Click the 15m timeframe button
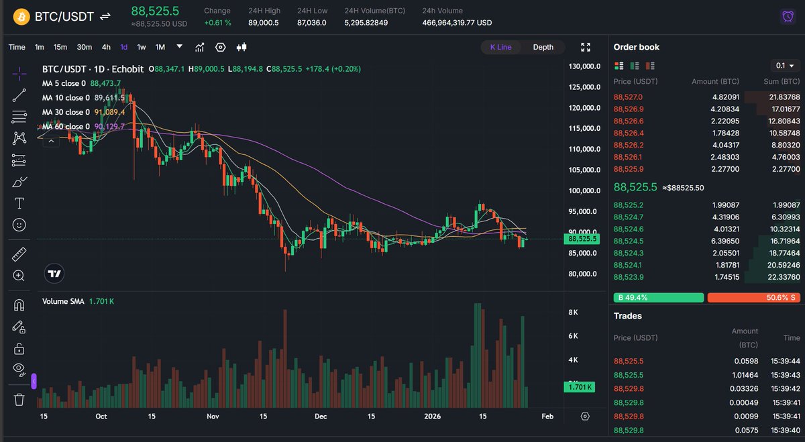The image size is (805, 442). pos(60,47)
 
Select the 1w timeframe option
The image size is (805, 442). pos(142,47)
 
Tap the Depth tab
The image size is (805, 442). pos(543,47)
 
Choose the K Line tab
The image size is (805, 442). pos(500,47)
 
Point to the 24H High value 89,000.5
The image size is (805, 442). pos(263,23)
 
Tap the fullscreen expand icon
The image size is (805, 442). pos(586,47)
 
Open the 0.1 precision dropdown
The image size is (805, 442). pos(785,66)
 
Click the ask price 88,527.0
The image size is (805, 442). pos(629,97)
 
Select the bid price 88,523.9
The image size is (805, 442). pos(629,277)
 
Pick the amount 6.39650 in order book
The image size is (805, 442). pos(722,241)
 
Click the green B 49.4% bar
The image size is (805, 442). pos(658,297)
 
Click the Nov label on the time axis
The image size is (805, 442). pos(213,417)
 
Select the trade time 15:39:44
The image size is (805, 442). pos(786,361)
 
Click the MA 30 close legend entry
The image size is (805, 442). pos(64,112)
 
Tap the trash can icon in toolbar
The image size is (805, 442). pos(19,400)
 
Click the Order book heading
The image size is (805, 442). pos(637,47)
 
